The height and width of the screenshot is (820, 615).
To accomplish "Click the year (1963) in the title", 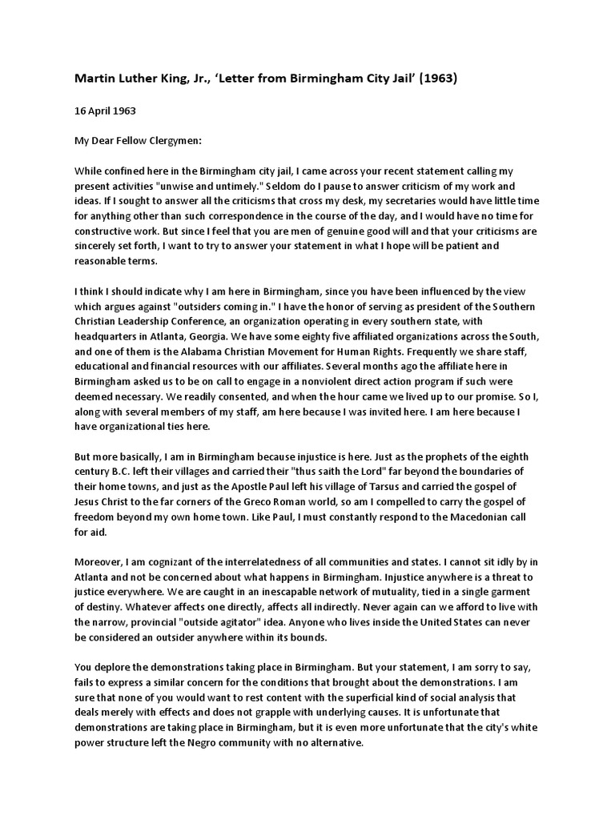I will tap(436, 78).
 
